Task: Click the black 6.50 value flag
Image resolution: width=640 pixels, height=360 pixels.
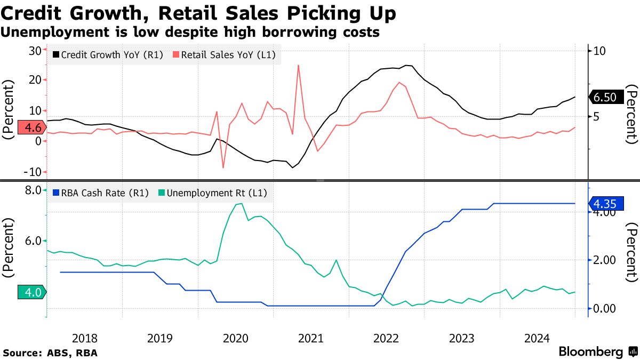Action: pyautogui.click(x=604, y=97)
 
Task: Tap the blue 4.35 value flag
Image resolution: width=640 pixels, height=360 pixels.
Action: pyautogui.click(x=605, y=204)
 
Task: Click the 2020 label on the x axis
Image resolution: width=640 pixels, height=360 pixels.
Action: pyautogui.click(x=236, y=338)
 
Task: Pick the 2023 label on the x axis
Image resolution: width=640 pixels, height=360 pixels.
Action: pyautogui.click(x=462, y=338)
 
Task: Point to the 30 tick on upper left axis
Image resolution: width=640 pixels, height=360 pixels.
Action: pyautogui.click(x=35, y=51)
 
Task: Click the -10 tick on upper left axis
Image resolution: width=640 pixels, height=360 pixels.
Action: pyautogui.click(x=34, y=172)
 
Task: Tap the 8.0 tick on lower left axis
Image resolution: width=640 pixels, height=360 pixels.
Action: pyautogui.click(x=33, y=190)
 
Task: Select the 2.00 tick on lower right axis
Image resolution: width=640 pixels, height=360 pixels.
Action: pyautogui.click(x=605, y=260)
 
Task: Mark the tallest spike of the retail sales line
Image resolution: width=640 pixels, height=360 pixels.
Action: pyautogui.click(x=298, y=66)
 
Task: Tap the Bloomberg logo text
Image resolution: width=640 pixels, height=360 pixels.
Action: pyautogui.click(x=591, y=352)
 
